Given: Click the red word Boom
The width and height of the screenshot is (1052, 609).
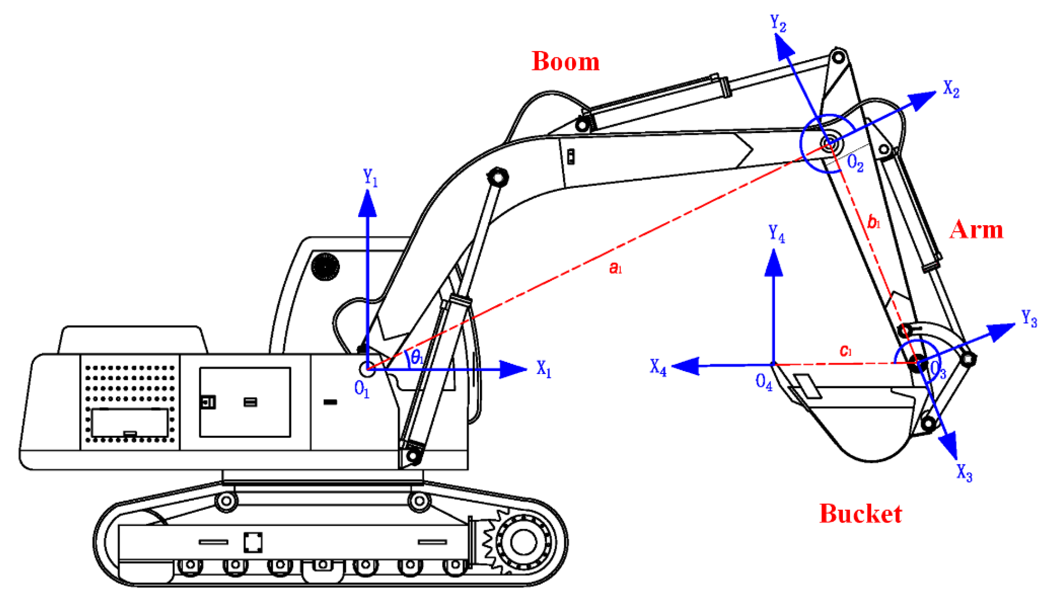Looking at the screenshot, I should (565, 62).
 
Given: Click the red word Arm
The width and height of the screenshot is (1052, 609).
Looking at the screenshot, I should (976, 230).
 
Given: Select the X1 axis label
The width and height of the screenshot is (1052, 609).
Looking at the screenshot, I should (544, 369).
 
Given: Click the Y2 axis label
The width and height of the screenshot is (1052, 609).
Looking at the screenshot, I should (778, 23).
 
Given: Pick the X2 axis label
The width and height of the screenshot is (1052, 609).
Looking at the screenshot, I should (951, 89).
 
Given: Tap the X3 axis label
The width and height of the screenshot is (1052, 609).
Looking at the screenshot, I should (964, 473).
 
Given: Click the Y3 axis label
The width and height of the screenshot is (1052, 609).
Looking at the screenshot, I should (1029, 319).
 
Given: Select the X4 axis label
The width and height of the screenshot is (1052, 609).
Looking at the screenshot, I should (658, 367).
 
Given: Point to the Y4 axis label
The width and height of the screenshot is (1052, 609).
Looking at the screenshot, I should (776, 234).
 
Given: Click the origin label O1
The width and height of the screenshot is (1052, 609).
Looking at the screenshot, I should (362, 390).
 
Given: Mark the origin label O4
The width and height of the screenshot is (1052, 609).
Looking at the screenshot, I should (764, 382).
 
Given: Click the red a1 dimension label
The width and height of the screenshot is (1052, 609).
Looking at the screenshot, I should (615, 268).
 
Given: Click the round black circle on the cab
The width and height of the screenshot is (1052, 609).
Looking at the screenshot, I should (325, 267).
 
